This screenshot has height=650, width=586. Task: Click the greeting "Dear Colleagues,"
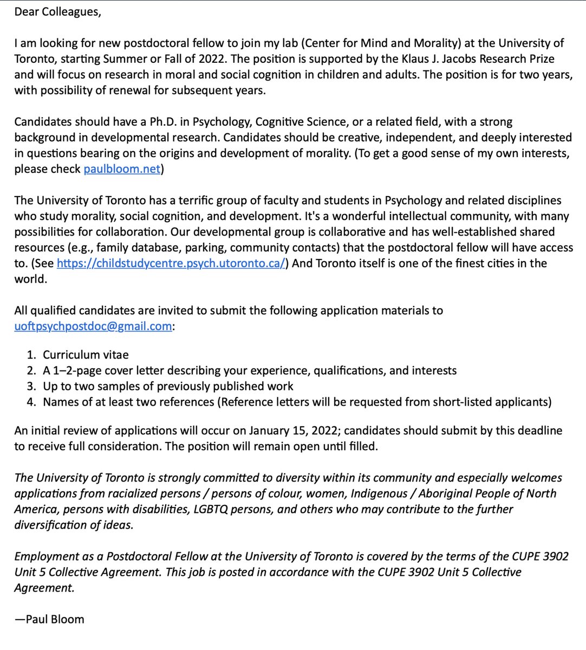[x=57, y=12]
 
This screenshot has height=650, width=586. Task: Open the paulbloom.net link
[x=122, y=169]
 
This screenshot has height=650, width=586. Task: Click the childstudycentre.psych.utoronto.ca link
[x=171, y=264]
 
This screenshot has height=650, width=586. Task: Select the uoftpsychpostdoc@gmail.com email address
[x=93, y=327]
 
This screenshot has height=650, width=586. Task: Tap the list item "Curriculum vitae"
[x=86, y=355]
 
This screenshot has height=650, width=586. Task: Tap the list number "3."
[x=32, y=387]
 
